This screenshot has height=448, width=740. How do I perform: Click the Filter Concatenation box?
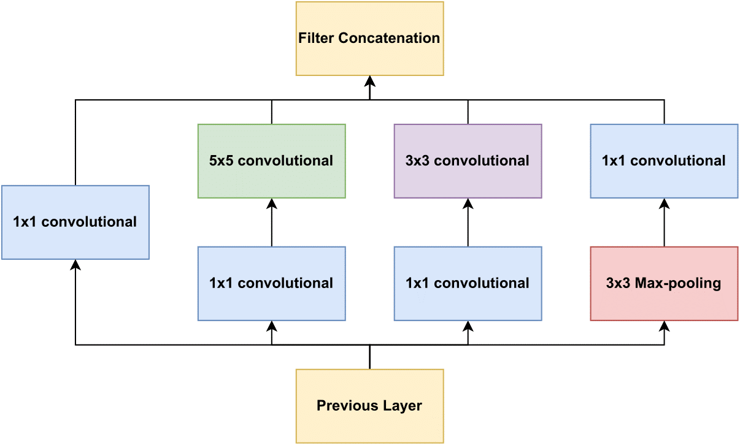coord(369,39)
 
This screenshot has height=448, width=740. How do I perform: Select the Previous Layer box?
coord(369,406)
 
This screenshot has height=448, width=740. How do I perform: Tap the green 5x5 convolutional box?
coord(272,161)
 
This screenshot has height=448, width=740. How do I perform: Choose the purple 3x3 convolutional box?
coord(468,161)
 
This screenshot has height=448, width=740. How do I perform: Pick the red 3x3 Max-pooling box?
coord(664,283)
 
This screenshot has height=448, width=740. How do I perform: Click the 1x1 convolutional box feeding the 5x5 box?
coord(272,283)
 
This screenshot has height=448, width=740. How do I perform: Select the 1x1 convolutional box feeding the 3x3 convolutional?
coord(468,283)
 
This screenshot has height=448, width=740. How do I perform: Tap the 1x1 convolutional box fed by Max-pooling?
coord(664,161)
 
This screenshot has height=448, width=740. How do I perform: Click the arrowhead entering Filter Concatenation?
coord(369,81)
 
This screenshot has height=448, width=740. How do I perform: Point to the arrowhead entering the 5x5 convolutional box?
coord(272,204)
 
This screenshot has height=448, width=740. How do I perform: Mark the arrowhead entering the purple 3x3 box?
coord(468,204)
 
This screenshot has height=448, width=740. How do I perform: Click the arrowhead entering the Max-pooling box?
coord(664,326)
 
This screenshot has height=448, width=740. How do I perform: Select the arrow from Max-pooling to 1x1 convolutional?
coord(664,222)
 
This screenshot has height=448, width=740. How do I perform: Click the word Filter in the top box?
coord(316,38)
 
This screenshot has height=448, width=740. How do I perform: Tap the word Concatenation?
coord(389,38)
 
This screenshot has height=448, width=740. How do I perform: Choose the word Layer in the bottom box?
coord(403,406)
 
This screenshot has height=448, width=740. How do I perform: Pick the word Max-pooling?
coord(678,284)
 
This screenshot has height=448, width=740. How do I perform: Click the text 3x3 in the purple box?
coord(418,161)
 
